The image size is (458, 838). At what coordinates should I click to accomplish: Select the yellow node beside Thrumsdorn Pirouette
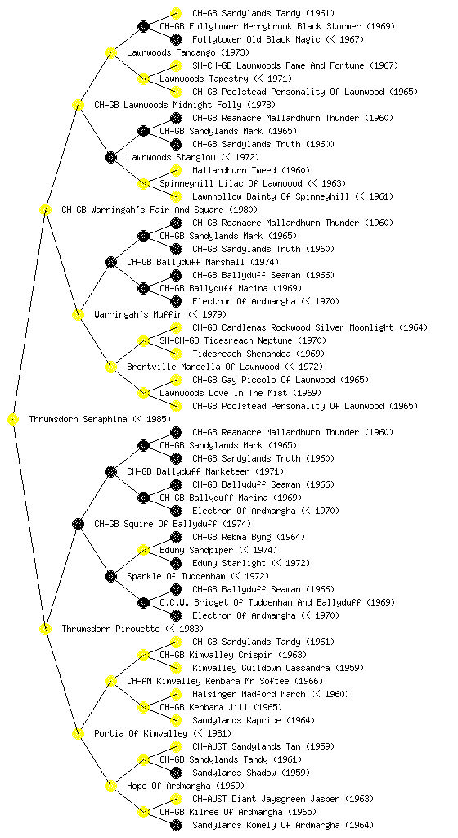click(x=46, y=629)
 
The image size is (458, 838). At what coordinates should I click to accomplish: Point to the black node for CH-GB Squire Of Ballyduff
click(x=79, y=525)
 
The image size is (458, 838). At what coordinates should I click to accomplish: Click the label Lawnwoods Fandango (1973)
click(x=188, y=53)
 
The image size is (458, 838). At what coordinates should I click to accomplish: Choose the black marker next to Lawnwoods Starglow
click(x=111, y=158)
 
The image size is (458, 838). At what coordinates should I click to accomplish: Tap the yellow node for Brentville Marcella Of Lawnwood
click(x=111, y=367)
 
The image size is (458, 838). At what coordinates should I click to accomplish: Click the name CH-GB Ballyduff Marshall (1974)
click(x=203, y=263)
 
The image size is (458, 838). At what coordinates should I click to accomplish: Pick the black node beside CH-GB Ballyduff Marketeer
click(x=111, y=472)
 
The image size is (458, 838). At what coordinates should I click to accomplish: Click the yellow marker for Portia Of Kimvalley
click(x=79, y=734)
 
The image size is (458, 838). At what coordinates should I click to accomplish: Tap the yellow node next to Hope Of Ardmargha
click(x=111, y=786)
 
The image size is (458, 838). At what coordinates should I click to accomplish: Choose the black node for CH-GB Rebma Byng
click(x=176, y=537)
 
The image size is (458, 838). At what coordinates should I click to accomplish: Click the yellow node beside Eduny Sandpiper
click(x=144, y=551)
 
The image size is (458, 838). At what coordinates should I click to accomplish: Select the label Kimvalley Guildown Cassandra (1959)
click(x=278, y=669)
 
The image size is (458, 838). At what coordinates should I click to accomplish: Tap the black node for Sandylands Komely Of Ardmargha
click(x=176, y=826)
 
